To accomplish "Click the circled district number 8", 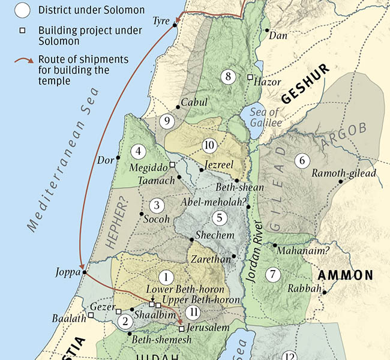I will [228, 76].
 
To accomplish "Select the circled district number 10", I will [209, 145].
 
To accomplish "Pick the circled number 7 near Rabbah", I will [274, 274].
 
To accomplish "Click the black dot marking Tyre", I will [175, 25].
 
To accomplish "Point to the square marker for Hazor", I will [250, 77].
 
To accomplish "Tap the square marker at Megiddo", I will [172, 164].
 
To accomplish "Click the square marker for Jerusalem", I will [181, 328].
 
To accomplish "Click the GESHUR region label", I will [304, 85].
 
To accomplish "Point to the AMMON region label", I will [345, 275].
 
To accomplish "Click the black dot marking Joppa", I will [85, 272].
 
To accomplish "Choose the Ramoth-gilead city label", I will [344, 174].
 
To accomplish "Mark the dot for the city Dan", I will [266, 29].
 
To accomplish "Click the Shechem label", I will [214, 235].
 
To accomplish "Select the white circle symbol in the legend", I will [22, 10].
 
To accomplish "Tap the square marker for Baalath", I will [91, 315].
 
